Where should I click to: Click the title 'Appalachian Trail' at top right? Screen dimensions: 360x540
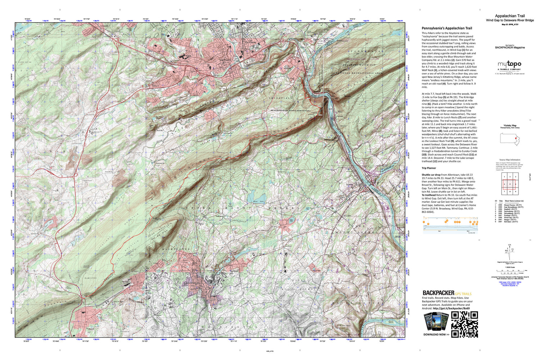(x=510, y=16)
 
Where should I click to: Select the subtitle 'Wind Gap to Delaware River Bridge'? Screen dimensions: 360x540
(x=510, y=21)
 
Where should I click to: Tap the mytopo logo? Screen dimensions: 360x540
(x=509, y=64)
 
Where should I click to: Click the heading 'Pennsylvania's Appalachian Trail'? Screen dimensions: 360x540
(x=446, y=28)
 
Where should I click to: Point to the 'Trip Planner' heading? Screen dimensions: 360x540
(x=429, y=168)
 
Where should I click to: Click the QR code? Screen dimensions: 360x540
(x=464, y=324)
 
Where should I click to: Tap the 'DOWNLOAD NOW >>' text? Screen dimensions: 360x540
(x=436, y=334)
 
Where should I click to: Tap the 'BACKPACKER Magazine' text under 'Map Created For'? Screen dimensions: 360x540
(x=510, y=48)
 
